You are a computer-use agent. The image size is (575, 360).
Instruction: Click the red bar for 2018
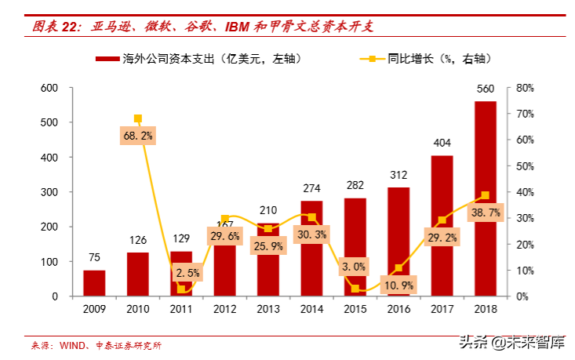pyautogui.click(x=485, y=199)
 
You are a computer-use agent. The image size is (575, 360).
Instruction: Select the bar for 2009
pyautogui.click(x=94, y=283)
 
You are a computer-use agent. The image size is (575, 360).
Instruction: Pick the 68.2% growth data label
pyautogui.click(x=138, y=135)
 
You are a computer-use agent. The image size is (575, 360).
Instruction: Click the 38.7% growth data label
pyautogui.click(x=485, y=213)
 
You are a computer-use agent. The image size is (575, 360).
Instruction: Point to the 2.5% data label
pyautogui.click(x=182, y=273)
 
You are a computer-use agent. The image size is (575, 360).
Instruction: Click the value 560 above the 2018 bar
pyautogui.click(x=485, y=88)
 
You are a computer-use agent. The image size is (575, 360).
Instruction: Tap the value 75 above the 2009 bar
pyautogui.click(x=94, y=257)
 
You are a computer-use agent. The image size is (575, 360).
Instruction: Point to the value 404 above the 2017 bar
pyautogui.click(x=442, y=143)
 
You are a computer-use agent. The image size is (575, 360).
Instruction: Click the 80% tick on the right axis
pyautogui.click(x=525, y=88)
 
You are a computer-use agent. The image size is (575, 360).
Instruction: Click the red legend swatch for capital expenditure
pyautogui.click(x=107, y=59)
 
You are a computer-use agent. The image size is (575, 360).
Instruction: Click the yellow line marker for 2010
pyautogui.click(x=138, y=118)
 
